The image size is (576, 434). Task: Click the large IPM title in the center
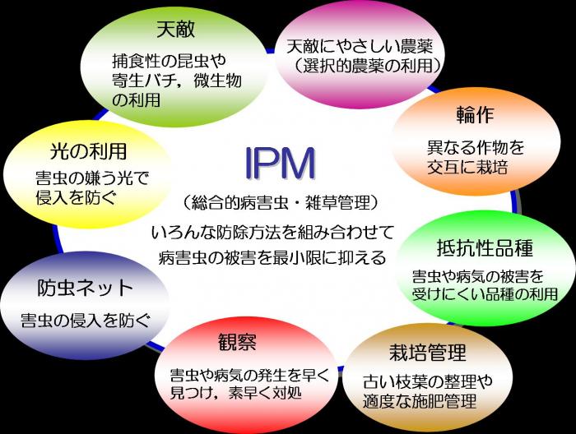pyautogui.click(x=280, y=164)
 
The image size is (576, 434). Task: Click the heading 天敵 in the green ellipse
pyautogui.click(x=174, y=30)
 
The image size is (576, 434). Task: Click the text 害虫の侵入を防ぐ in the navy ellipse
pyautogui.click(x=85, y=320)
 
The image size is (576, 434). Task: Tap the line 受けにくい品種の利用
pyautogui.click(x=483, y=294)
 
